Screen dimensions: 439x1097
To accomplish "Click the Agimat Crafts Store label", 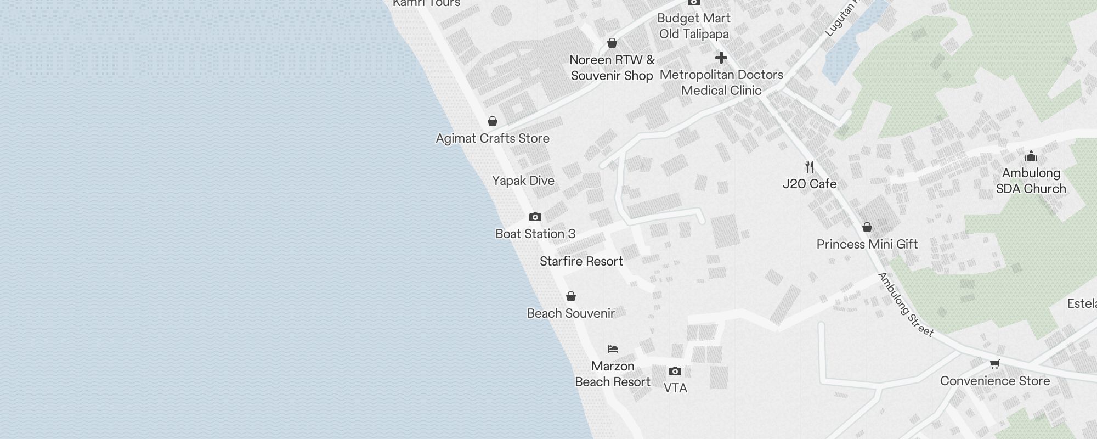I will click(493, 138).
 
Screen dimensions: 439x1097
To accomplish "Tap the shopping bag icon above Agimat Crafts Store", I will click(493, 121).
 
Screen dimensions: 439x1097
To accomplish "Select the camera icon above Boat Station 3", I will click(535, 217).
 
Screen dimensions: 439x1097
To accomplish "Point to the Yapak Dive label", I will click(523, 181).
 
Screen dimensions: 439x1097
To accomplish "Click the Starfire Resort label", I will click(581, 261).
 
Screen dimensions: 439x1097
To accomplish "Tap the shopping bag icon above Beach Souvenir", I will click(571, 297).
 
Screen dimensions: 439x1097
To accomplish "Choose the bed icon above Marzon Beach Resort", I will click(613, 349).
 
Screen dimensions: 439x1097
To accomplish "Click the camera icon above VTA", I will click(675, 372).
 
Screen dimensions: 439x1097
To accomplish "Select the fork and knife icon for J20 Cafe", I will click(810, 167).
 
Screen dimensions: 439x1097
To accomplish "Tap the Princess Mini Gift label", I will click(867, 244).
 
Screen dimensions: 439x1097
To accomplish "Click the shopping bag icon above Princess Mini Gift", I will click(867, 227).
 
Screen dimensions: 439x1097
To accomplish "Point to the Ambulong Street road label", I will click(906, 305).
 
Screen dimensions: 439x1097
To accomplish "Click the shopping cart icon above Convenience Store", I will click(995, 364).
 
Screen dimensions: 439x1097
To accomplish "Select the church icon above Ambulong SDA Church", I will click(1031, 156).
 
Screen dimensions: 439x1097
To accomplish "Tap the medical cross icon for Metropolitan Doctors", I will click(721, 58).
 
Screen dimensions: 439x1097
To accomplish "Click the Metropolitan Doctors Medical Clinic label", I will click(721, 82).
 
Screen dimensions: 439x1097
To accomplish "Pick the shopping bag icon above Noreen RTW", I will click(612, 43).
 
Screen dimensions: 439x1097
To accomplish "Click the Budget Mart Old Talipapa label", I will click(694, 26).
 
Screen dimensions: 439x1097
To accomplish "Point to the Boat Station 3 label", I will click(535, 234).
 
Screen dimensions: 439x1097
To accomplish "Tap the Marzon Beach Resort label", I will click(613, 374).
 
